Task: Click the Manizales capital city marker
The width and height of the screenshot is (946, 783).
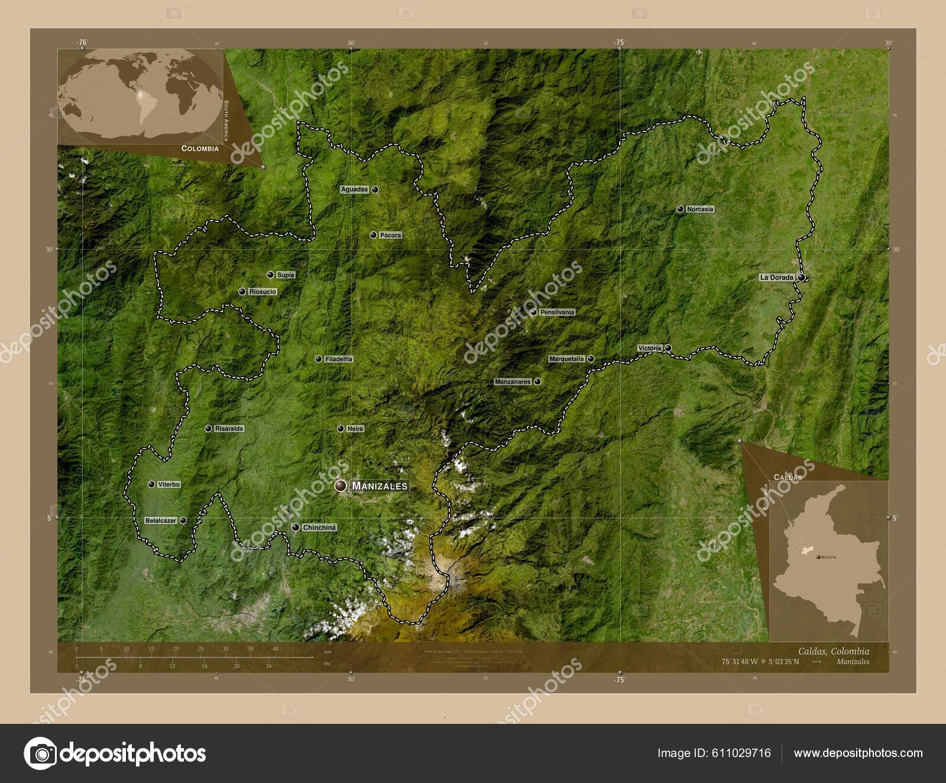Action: point(341,486)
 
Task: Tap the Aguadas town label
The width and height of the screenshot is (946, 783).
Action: point(354,190)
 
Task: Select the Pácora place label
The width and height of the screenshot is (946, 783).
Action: point(390,235)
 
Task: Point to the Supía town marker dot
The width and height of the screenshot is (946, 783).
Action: point(270,274)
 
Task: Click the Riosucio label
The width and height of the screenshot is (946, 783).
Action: point(263,292)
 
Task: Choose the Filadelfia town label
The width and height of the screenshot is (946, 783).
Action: point(339,359)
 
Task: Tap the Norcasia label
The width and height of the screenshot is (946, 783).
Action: point(700,209)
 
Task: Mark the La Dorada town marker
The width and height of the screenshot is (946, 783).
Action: point(801,277)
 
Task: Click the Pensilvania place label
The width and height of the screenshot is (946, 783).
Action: point(557,312)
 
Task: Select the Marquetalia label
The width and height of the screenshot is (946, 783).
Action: point(566,359)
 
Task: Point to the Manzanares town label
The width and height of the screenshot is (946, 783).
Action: point(513,382)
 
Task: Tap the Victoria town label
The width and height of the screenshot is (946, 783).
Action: point(649,348)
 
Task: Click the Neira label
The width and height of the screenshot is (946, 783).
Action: point(355,429)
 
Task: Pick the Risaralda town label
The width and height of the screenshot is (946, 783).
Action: point(229,429)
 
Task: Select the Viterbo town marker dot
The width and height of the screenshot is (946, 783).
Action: point(151,484)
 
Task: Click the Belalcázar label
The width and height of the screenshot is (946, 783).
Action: point(161,521)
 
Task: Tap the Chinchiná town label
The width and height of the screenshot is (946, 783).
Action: point(319,528)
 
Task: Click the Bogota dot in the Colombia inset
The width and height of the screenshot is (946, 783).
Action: point(818,557)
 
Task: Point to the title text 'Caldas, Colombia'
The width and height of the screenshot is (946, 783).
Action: point(834,651)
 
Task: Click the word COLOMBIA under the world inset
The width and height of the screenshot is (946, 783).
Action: point(200,148)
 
